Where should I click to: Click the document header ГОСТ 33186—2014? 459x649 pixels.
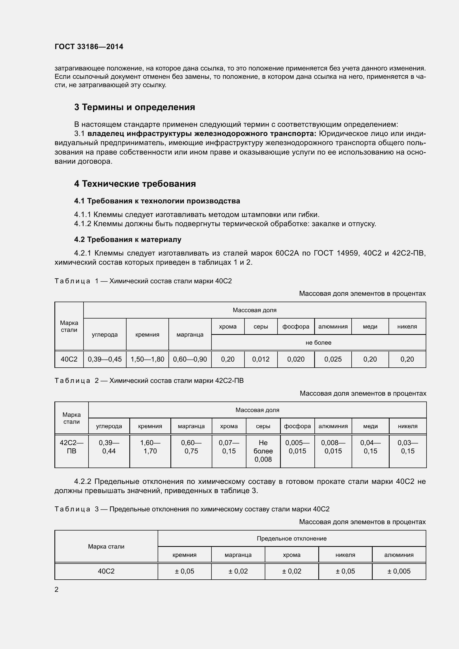coord(89,47)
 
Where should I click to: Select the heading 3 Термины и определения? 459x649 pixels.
coord(135,107)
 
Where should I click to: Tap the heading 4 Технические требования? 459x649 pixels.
coord(135,184)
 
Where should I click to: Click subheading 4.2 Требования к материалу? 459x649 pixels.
coord(128,239)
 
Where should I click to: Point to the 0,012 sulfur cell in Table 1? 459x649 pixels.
coord(261,359)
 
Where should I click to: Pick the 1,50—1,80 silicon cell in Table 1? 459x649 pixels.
coord(147,359)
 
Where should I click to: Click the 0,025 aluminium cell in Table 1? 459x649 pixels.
coord(333,359)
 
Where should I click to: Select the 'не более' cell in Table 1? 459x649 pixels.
coord(318,343)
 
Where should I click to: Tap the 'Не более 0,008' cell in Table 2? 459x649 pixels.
coord(263,451)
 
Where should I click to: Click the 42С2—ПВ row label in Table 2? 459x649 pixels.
coord(72,447)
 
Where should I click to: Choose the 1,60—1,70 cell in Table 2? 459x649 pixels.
coord(150,447)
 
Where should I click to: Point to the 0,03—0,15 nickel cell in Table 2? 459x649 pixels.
coord(408,447)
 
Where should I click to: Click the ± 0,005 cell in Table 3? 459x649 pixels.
coord(399,571)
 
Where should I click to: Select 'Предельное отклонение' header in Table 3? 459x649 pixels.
coord(291,539)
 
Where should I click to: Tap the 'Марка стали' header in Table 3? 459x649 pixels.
coord(106,546)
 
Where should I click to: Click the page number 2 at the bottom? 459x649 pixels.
coord(57,589)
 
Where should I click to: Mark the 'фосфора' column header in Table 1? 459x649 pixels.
coord(296,327)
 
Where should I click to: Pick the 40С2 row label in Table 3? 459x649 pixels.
coord(106,571)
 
